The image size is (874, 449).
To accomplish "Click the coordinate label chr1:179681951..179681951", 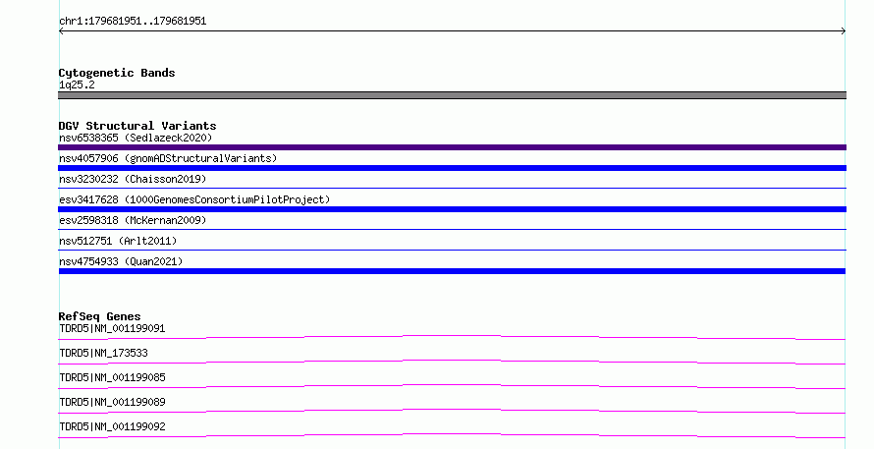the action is pyautogui.click(x=133, y=22).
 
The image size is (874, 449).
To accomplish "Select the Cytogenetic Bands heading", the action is pyautogui.click(x=117, y=73).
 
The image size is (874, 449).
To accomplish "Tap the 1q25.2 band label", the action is pyautogui.click(x=77, y=84).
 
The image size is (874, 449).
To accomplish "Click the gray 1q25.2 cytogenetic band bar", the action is pyautogui.click(x=452, y=95).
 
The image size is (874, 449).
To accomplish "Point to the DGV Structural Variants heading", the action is pyautogui.click(x=137, y=126).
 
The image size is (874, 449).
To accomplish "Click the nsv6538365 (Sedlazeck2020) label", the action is pyautogui.click(x=136, y=138).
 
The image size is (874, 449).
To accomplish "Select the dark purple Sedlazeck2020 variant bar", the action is pyautogui.click(x=452, y=147).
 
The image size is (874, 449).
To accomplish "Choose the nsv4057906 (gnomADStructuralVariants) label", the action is pyautogui.click(x=168, y=158).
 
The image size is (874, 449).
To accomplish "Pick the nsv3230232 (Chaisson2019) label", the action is pyautogui.click(x=133, y=179).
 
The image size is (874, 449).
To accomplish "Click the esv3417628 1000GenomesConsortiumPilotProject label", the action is pyautogui.click(x=194, y=199).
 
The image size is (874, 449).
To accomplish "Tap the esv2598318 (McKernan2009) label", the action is pyautogui.click(x=133, y=220).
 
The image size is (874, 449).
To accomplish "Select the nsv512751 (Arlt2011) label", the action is pyautogui.click(x=118, y=241).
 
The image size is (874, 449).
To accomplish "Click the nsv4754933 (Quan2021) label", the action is pyautogui.click(x=121, y=261).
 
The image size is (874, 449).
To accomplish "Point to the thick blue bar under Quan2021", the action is pyautogui.click(x=452, y=271).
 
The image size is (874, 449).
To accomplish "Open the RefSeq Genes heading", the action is pyautogui.click(x=100, y=316).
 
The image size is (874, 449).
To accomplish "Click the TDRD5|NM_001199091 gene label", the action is pyautogui.click(x=112, y=328).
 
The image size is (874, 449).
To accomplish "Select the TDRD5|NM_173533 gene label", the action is pyautogui.click(x=104, y=353).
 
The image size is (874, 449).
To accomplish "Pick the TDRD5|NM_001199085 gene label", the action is pyautogui.click(x=112, y=377).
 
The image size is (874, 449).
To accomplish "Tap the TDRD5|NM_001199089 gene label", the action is pyautogui.click(x=112, y=402).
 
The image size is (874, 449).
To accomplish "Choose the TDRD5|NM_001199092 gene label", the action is pyautogui.click(x=112, y=426).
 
